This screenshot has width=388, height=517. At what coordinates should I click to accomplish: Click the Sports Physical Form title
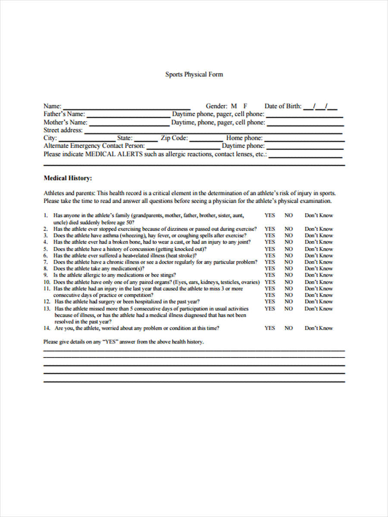pos(194,75)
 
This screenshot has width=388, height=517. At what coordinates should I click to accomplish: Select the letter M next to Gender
pos(234,106)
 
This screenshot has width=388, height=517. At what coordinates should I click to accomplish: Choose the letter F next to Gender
pos(245,106)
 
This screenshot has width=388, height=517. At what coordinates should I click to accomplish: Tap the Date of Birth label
pos(283,106)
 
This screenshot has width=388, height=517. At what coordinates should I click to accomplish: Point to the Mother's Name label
pos(65,122)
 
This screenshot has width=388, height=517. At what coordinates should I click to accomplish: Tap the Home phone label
pos(244,138)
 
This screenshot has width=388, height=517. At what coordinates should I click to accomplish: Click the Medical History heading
pos(68,178)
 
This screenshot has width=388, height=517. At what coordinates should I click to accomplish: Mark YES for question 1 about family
pos(269,215)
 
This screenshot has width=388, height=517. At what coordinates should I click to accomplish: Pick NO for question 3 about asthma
pos(288,236)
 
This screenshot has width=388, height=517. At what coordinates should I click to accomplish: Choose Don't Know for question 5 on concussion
pos(319,249)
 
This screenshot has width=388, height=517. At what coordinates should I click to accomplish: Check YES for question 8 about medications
pos(269,268)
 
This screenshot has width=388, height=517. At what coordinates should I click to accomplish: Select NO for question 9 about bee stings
pos(288,275)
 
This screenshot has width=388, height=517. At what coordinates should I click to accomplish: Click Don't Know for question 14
pos(319,328)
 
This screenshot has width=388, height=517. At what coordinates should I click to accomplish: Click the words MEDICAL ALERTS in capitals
pos(114,154)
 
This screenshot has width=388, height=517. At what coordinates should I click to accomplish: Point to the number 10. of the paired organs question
pos(47,282)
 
